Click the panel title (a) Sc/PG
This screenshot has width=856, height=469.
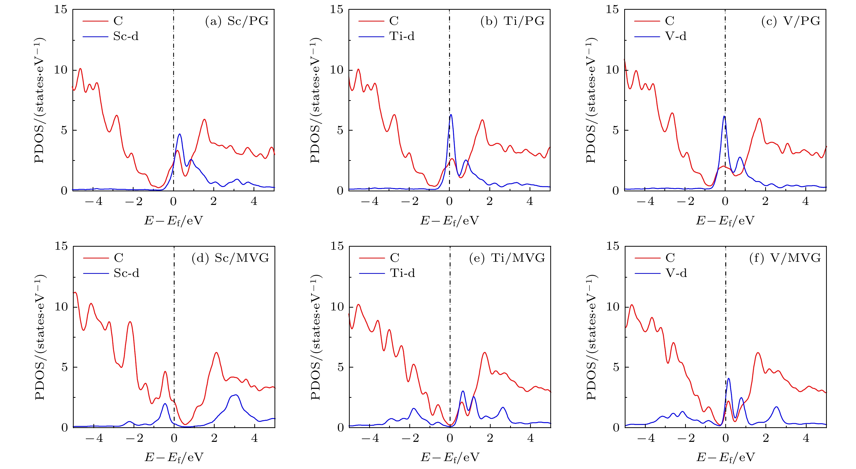pos(237,21)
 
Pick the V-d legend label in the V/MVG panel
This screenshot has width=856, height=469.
pos(676,273)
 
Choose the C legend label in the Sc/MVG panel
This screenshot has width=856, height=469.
pos(119,258)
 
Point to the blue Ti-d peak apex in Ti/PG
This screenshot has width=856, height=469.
pos(451,115)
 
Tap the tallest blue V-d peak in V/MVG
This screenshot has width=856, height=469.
pos(729,379)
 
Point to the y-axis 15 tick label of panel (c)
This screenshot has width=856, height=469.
pos(612,9)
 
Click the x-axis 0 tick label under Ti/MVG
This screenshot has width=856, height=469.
pos(450,438)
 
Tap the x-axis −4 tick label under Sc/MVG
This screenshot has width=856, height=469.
pos(94,438)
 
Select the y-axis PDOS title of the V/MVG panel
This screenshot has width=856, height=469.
pos(591,337)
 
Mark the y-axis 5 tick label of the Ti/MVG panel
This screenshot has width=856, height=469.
pos(340,367)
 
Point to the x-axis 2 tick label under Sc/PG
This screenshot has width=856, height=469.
pos(214,201)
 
